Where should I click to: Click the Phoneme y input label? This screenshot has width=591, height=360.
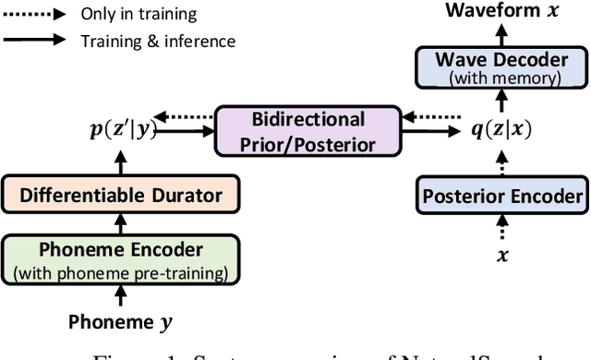pos(120,321)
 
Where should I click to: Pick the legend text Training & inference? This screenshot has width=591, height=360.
pos(159,40)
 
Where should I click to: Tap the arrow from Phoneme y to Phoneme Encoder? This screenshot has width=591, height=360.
pos(120,294)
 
